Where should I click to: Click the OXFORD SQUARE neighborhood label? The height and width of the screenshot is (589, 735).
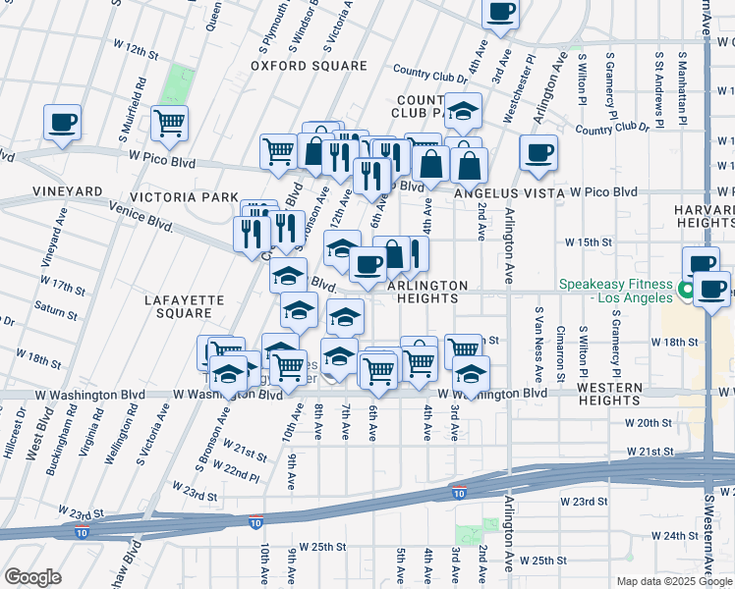point(308,66)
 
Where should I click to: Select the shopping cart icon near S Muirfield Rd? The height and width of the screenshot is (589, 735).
point(169,123)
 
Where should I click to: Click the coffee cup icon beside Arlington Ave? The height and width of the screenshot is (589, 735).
point(537,152)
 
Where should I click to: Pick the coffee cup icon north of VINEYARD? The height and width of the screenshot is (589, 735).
point(62,122)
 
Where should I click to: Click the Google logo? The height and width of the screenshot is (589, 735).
point(32,576)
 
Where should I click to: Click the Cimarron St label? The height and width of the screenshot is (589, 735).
point(560,352)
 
